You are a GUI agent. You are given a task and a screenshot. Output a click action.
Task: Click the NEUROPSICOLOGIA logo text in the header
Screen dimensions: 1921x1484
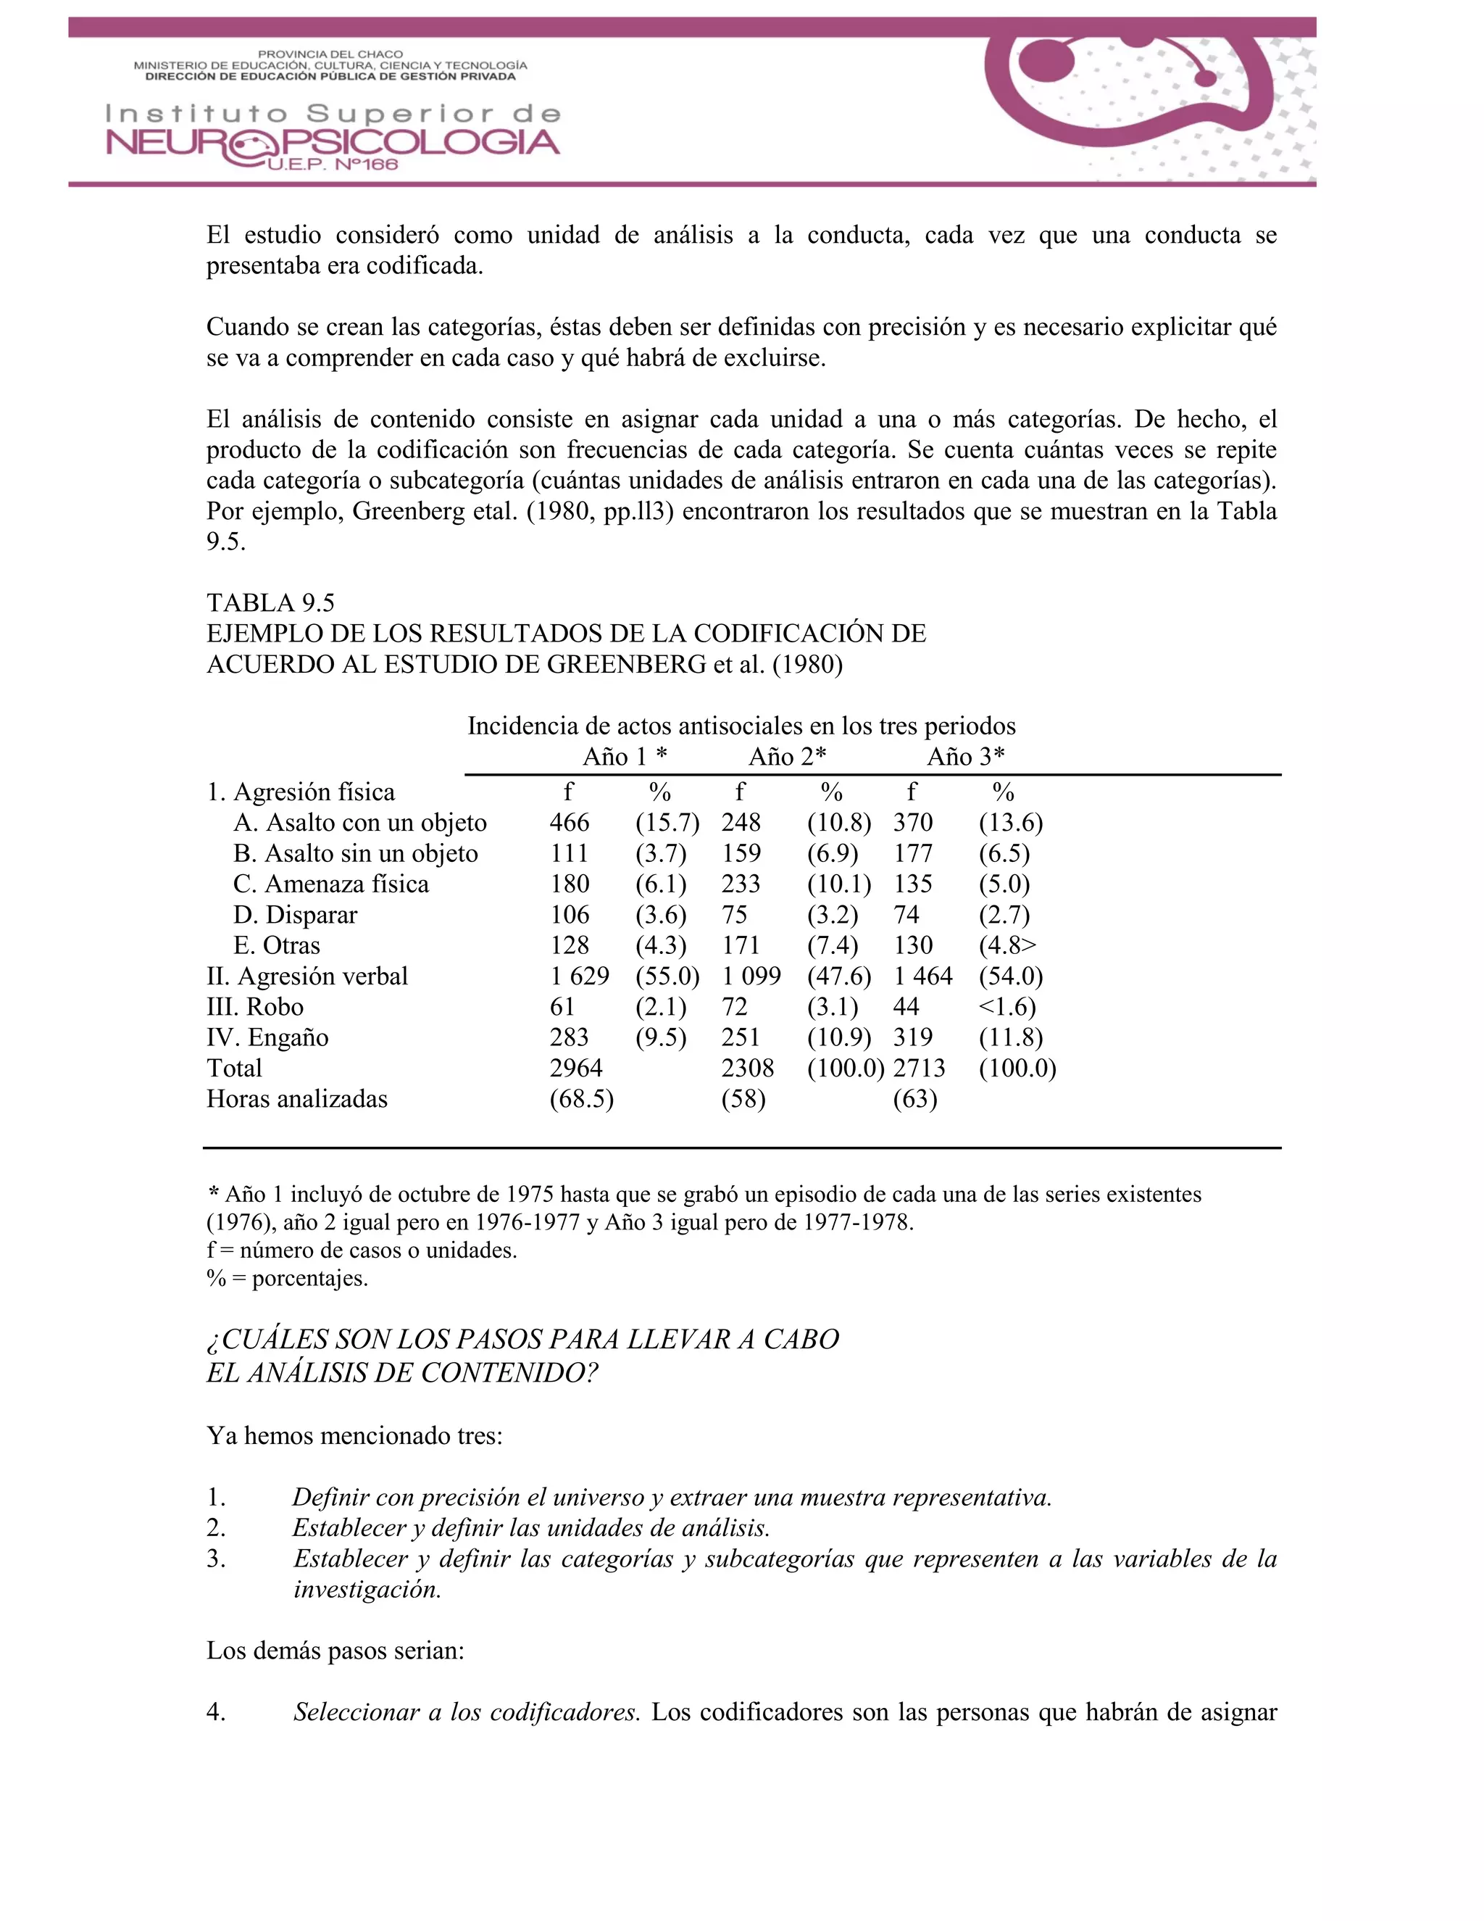click(333, 144)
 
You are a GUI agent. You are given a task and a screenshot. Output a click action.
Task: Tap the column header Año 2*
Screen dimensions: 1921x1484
click(787, 756)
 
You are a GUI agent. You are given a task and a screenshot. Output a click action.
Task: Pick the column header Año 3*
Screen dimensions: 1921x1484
click(965, 756)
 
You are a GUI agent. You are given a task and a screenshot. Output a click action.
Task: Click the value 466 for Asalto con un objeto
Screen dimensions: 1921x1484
click(570, 823)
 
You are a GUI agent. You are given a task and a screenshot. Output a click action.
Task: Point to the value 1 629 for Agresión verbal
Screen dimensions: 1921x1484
click(580, 976)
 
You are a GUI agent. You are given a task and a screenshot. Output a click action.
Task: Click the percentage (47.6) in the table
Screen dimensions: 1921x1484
click(838, 976)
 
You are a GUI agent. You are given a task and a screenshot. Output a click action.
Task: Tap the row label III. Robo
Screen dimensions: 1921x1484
click(255, 1007)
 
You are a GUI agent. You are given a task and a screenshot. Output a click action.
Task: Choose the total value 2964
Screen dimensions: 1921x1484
click(576, 1068)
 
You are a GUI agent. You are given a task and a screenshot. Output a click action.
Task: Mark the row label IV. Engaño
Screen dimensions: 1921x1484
click(267, 1038)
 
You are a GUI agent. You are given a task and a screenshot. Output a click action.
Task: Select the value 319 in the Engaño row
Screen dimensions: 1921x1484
click(912, 1038)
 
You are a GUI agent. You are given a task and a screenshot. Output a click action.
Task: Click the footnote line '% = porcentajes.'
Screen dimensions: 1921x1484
click(288, 1278)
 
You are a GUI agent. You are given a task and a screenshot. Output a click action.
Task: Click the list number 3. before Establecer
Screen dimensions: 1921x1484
click(216, 1559)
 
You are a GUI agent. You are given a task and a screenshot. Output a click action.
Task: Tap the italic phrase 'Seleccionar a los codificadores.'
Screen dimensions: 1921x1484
click(466, 1712)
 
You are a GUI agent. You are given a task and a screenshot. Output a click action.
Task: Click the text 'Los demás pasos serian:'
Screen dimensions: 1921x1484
click(335, 1650)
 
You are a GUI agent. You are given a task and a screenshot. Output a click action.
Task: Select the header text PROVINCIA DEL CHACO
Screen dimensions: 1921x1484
click(330, 54)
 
